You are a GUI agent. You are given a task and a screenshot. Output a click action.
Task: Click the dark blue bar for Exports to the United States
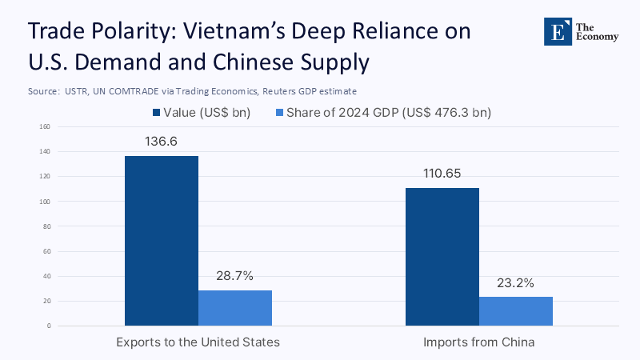(x=162, y=240)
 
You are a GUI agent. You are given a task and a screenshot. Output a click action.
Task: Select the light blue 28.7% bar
(x=235, y=308)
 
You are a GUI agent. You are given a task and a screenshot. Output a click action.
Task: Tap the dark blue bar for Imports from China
(x=442, y=256)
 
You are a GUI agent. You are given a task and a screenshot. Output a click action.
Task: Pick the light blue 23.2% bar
(x=516, y=311)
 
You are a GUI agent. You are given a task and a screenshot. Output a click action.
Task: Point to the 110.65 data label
(x=442, y=174)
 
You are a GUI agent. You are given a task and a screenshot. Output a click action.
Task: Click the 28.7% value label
(x=234, y=276)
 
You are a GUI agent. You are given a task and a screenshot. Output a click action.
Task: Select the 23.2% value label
(x=515, y=282)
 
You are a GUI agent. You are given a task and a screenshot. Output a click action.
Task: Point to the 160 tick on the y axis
(x=44, y=126)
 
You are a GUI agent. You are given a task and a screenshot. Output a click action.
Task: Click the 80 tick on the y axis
(x=46, y=226)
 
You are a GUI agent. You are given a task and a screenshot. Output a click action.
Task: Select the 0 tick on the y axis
(x=48, y=326)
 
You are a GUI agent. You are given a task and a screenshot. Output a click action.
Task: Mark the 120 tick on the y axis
(x=44, y=177)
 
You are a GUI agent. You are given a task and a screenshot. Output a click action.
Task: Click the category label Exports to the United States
(x=198, y=342)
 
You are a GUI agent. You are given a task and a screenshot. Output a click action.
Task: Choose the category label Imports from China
(x=478, y=342)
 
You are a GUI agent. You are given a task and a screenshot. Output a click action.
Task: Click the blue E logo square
(x=554, y=30)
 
